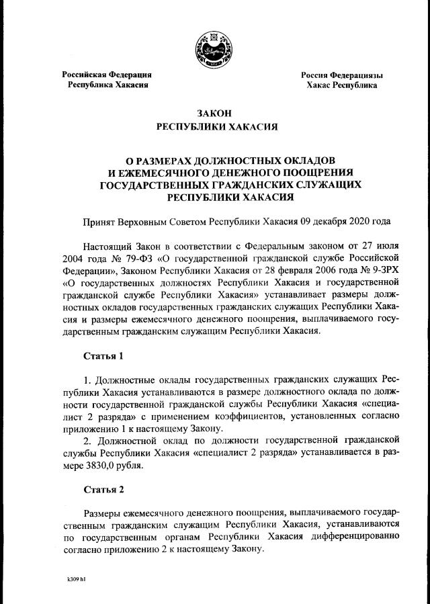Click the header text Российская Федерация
point(107,75)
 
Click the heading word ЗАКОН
point(216,114)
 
